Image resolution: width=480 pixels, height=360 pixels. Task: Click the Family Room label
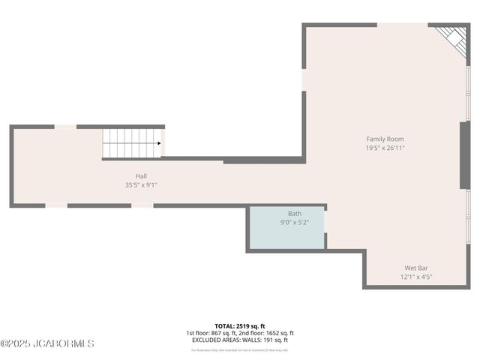(x=385, y=139)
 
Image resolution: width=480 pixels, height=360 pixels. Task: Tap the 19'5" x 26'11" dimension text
(x=385, y=148)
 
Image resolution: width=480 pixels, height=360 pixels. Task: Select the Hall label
(x=141, y=175)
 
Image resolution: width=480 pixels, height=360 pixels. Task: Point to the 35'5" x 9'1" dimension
(x=141, y=184)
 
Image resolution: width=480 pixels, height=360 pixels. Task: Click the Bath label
(x=294, y=214)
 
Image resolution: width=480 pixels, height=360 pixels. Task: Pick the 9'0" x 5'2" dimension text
(x=294, y=223)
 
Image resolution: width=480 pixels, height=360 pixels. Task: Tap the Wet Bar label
(x=416, y=268)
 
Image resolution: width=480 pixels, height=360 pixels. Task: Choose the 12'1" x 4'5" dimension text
(x=416, y=277)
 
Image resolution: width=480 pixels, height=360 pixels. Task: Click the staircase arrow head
(x=158, y=143)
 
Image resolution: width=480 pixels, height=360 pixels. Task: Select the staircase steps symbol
(x=131, y=142)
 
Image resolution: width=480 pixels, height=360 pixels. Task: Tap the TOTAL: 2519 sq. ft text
(x=240, y=325)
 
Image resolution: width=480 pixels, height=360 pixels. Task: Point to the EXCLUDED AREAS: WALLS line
(x=240, y=340)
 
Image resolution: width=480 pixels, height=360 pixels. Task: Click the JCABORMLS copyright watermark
(x=47, y=343)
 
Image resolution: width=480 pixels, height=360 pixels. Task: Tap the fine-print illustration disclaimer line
(x=240, y=349)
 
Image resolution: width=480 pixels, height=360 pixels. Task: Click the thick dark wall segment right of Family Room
(x=465, y=154)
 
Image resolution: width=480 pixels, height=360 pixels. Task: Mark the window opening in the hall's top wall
(x=65, y=127)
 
